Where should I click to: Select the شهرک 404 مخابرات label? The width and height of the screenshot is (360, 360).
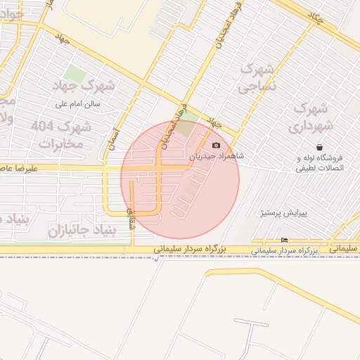61,135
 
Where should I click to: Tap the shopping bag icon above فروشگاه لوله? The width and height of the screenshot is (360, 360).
320,148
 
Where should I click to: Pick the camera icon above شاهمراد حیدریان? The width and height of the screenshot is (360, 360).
216,145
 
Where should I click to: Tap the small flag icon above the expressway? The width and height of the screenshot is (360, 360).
284,240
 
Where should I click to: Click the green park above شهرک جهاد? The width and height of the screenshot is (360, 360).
74,74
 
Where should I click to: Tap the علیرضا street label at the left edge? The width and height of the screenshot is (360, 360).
18,169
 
